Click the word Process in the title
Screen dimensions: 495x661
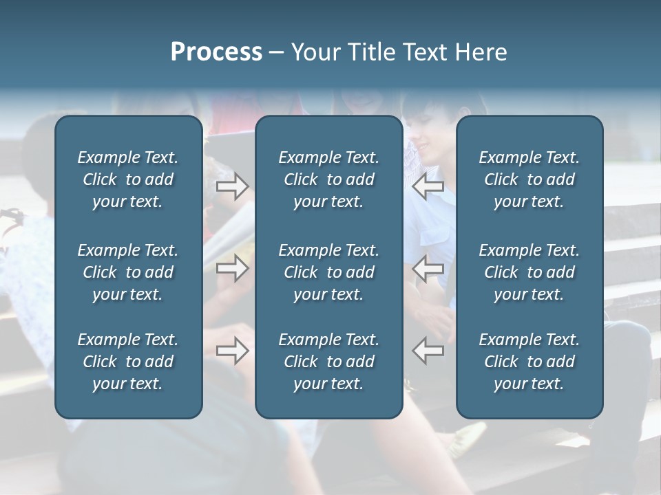click(x=216, y=52)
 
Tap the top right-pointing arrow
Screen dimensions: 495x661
click(x=233, y=186)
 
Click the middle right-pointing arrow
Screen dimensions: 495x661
click(x=233, y=268)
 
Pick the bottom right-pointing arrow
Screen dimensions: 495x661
click(x=233, y=351)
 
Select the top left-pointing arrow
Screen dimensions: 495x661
click(x=428, y=186)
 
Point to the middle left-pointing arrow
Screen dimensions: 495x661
click(x=428, y=268)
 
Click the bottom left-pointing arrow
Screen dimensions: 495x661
click(x=428, y=351)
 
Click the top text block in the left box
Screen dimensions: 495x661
click(x=128, y=179)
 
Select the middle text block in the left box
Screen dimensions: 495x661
click(x=128, y=272)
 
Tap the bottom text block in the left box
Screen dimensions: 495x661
click(x=128, y=362)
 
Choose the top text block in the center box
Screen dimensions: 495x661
click(x=328, y=179)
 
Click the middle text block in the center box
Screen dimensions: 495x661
click(x=328, y=272)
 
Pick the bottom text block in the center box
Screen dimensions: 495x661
click(x=328, y=362)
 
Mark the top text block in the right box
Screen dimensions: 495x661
click(x=529, y=179)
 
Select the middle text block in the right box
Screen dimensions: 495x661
click(x=529, y=272)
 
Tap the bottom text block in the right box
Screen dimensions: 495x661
click(x=529, y=362)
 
